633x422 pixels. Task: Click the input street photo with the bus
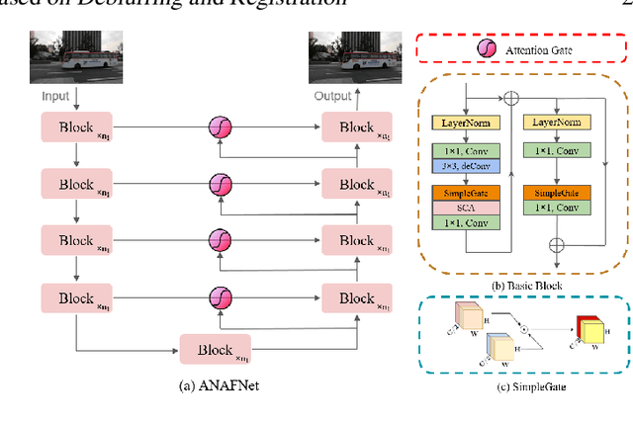pyautogui.click(x=76, y=57)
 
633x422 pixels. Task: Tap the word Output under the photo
pyautogui.click(x=333, y=97)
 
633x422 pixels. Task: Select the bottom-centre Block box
pyautogui.click(x=214, y=350)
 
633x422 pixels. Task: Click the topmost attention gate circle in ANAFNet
pyautogui.click(x=219, y=127)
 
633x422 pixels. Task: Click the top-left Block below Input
pyautogui.click(x=76, y=127)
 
